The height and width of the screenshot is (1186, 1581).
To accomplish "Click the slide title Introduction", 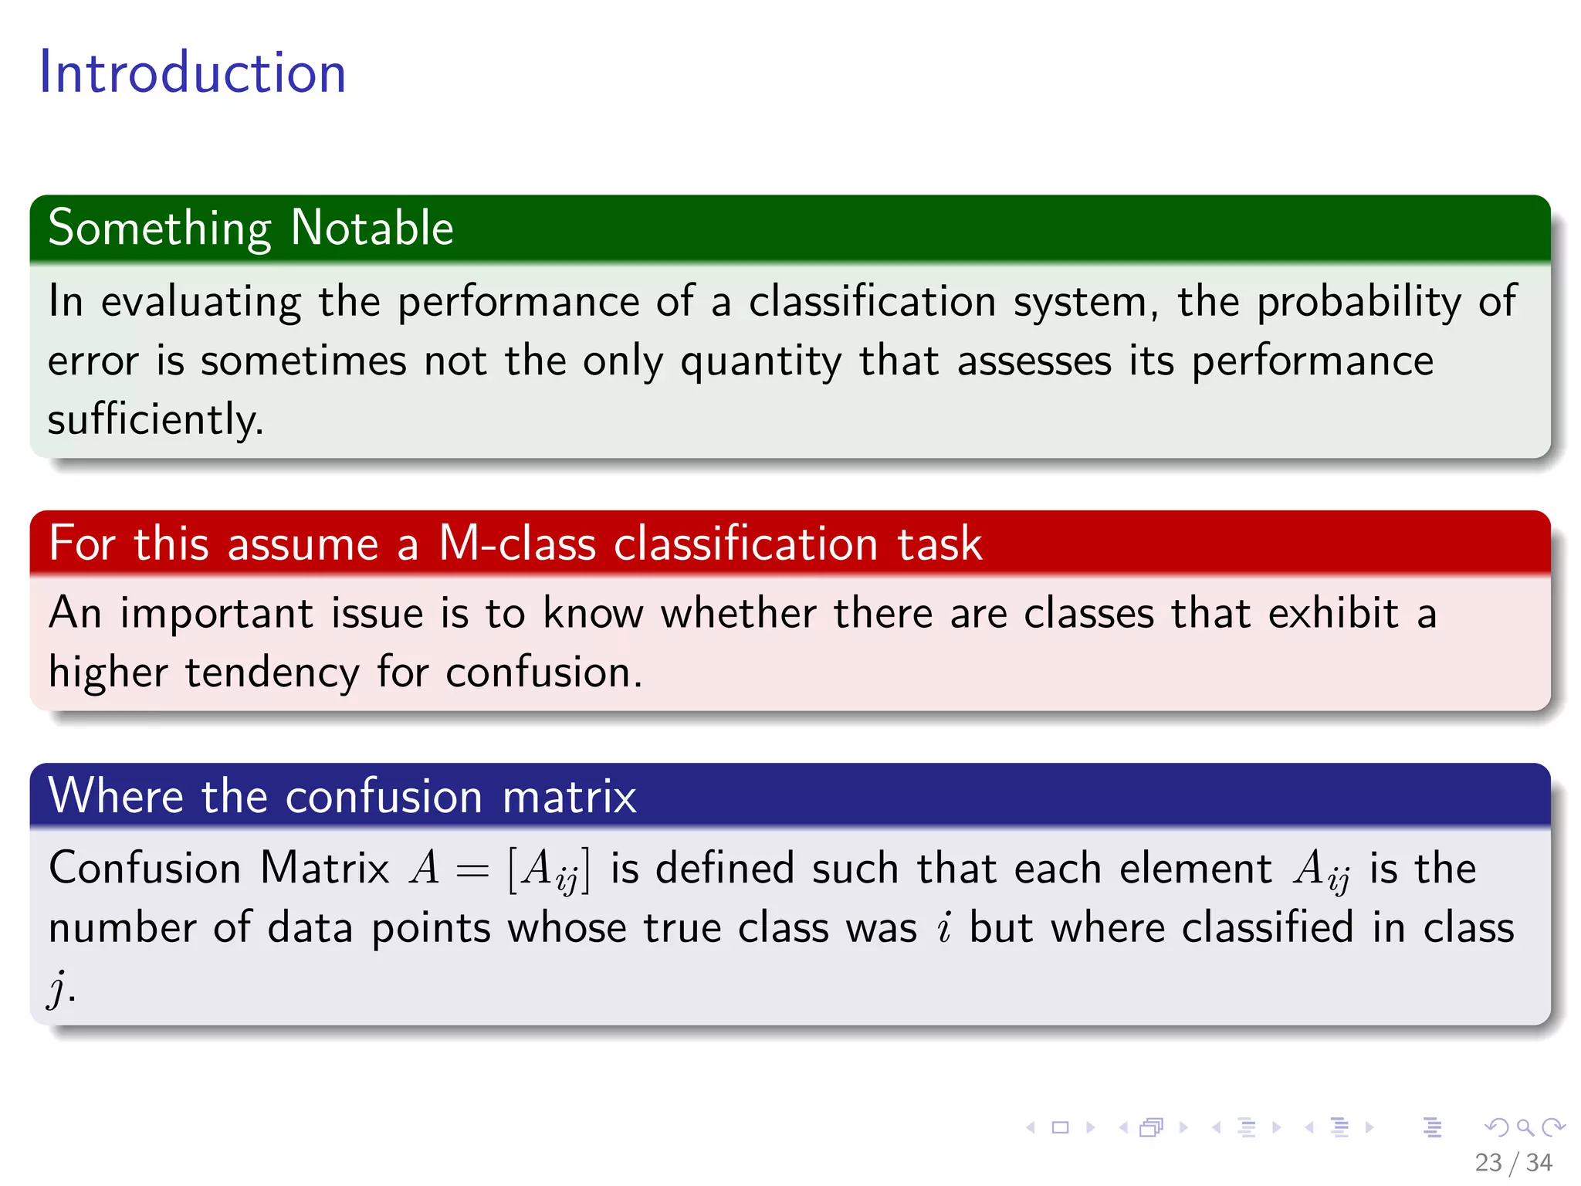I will point(192,73).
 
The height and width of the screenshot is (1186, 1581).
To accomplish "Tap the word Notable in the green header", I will point(372,228).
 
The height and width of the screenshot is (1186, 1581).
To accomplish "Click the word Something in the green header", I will point(160,229).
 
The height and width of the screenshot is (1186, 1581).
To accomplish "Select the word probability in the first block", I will point(1358,302).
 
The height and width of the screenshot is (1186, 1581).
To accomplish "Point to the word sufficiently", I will point(155,420).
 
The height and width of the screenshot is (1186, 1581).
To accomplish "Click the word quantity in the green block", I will point(760,362).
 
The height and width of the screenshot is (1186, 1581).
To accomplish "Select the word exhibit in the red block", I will point(1333,614).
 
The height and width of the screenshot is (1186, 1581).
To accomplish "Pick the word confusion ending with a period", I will point(543,672).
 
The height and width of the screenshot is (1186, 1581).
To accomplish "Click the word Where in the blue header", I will point(116,795).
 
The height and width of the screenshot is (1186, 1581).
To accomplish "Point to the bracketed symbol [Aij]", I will point(549,870).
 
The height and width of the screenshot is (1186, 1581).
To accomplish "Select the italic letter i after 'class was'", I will point(943,928).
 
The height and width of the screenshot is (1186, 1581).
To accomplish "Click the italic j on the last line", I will point(57,989).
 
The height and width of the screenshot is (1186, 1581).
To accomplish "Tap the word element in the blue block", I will point(1195,869).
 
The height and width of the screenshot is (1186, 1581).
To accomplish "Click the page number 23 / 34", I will point(1512,1162).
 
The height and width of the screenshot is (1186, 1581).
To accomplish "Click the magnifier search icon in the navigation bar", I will point(1525,1127).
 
